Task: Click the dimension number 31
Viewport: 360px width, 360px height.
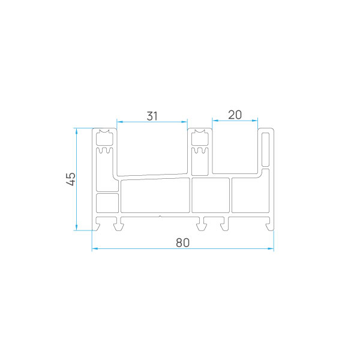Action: pos(152,116)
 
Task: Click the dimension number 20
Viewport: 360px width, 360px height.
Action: pos(235,115)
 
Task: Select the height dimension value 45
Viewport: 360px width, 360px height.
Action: pos(71,179)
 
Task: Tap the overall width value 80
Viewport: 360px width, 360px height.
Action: pos(183,242)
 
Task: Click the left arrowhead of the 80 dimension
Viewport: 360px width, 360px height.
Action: pos(95,248)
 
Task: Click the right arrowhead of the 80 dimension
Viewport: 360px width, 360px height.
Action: pos(271,248)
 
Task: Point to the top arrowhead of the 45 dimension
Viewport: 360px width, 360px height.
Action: pos(76,131)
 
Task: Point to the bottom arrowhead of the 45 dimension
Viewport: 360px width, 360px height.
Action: pos(76,227)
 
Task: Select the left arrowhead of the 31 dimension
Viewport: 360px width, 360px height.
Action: pos(120,122)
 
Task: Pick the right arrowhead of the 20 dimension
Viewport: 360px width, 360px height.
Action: pos(254,121)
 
